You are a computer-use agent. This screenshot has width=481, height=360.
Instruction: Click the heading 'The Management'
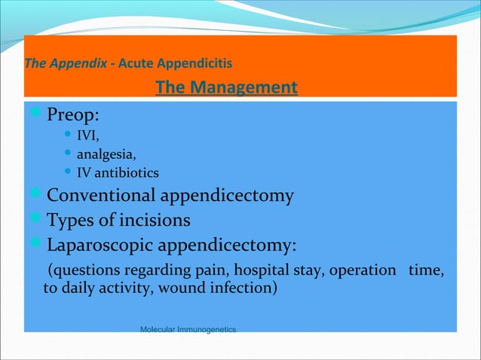pyautogui.click(x=226, y=88)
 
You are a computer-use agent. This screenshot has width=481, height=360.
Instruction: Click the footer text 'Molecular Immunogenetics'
pyautogui.click(x=188, y=330)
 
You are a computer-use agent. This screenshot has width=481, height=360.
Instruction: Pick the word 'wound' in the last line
pyautogui.click(x=189, y=287)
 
